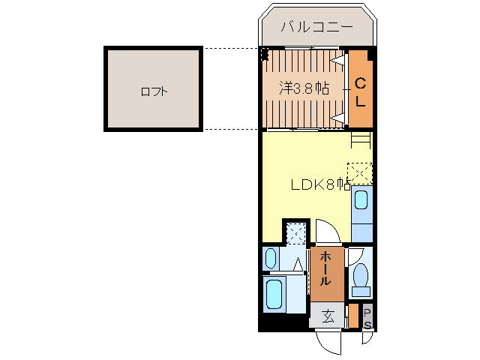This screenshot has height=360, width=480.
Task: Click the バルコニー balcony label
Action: point(316,26)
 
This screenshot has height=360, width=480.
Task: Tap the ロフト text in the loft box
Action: point(153,92)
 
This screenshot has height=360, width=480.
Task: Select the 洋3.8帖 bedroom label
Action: point(304,88)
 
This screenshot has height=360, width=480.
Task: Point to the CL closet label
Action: point(360,91)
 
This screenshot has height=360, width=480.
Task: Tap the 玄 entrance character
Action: point(328,316)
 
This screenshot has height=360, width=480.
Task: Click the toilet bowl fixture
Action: point(361,275)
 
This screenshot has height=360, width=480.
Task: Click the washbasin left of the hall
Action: point(271,259)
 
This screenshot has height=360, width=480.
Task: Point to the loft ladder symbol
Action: point(361,139)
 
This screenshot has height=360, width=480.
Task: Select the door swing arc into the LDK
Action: point(328,232)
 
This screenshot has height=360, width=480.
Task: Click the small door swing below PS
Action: point(367,337)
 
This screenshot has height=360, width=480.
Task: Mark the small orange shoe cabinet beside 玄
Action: point(352,316)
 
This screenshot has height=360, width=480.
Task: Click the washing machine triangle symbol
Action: point(298,264)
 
